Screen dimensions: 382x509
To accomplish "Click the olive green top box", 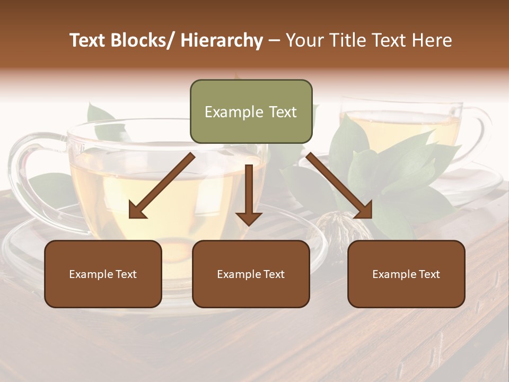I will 251,111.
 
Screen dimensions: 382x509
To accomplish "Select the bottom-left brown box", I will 103,274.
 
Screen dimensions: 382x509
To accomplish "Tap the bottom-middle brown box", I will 251,274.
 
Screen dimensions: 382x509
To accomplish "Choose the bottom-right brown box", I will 406,274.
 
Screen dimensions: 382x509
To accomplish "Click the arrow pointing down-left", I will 162,186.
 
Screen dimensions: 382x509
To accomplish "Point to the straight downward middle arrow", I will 249,194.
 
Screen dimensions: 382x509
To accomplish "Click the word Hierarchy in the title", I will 222,40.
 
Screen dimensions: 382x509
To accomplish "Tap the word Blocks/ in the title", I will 142,40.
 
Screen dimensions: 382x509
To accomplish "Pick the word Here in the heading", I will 433,40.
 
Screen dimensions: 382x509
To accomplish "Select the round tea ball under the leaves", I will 347,225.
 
